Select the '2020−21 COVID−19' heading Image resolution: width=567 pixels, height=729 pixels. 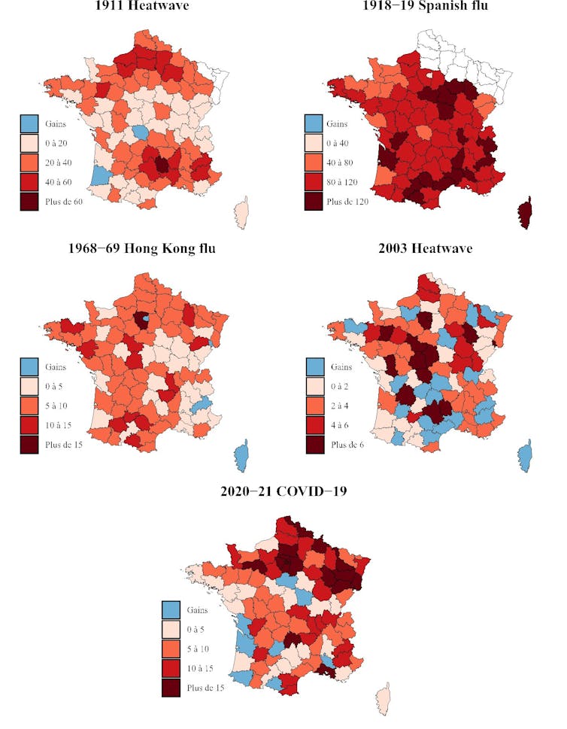pyautogui.click(x=283, y=492)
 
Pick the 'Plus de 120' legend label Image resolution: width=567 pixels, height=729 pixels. pyautogui.click(x=347, y=202)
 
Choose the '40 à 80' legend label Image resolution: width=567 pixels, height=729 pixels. pyautogui.click(x=343, y=163)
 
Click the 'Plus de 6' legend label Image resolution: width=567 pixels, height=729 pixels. pyautogui.click(x=347, y=445)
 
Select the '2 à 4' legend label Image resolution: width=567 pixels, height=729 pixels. pyautogui.click(x=340, y=406)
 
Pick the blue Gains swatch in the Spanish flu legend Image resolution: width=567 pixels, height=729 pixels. pyautogui.click(x=314, y=123)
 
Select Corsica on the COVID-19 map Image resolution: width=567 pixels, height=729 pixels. pyautogui.click(x=384, y=700)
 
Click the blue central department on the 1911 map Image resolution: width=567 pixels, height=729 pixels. pyautogui.click(x=140, y=132)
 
